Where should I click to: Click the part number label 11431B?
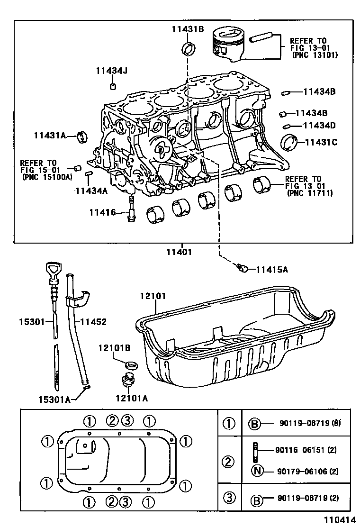coord(187,29)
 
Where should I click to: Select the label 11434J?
coord(111,71)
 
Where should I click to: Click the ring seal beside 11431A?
coord(84,136)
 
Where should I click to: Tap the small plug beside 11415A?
coord(243,269)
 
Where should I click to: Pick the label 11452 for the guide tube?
coord(93,322)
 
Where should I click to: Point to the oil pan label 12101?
coord(152,296)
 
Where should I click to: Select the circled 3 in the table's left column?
coord(229,498)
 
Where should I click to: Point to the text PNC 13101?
coord(314,55)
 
